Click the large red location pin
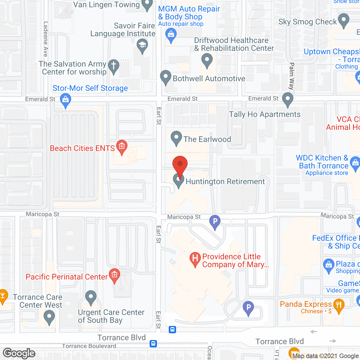(x=180, y=165)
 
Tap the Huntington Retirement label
(x=225, y=182)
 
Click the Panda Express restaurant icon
(x=339, y=305)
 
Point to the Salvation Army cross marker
(x=114, y=66)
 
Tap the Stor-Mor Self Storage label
(x=90, y=88)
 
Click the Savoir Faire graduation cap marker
(x=142, y=45)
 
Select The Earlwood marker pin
(x=176, y=138)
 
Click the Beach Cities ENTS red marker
(x=122, y=146)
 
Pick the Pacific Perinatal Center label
(x=67, y=277)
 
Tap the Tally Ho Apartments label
(x=265, y=114)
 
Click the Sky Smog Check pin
(x=343, y=20)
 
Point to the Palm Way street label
(x=292, y=76)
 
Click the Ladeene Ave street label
(x=46, y=39)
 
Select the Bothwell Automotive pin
(x=166, y=77)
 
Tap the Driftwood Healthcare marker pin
(x=207, y=60)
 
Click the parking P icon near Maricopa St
(x=215, y=222)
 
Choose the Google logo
(x=19, y=353)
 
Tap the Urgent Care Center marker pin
(x=91, y=297)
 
